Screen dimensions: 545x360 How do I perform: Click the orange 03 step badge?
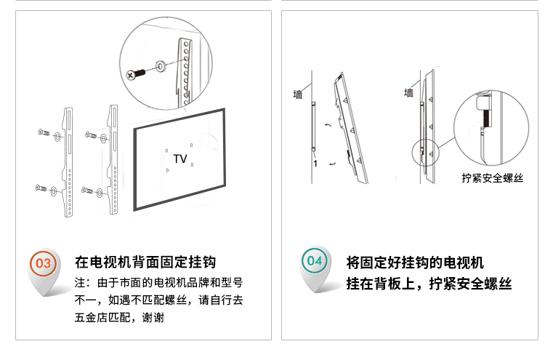click(x=43, y=263)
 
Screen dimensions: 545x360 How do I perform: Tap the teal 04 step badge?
click(x=315, y=260)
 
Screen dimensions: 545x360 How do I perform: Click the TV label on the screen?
click(x=180, y=159)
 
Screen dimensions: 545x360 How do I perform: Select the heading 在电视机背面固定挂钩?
click(x=145, y=262)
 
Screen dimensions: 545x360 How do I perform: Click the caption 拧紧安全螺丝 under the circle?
click(x=493, y=178)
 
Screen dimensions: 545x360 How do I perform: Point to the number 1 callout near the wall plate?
click(x=315, y=163)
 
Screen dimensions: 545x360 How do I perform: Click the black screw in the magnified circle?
click(x=136, y=74)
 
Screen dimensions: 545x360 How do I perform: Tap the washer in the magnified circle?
click(x=161, y=65)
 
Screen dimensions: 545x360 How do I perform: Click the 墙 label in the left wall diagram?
click(x=297, y=95)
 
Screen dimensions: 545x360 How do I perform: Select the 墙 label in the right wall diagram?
click(x=408, y=92)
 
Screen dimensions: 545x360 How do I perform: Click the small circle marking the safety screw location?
click(x=425, y=152)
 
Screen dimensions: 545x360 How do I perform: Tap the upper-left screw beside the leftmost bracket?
click(x=44, y=132)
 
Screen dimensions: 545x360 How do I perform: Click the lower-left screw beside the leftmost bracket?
click(x=41, y=188)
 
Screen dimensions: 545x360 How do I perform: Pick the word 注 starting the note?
click(x=80, y=282)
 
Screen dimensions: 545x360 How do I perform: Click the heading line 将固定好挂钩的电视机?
click(x=415, y=263)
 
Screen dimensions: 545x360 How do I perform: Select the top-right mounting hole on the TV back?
click(x=192, y=145)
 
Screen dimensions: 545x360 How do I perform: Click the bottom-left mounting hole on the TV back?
click(x=168, y=170)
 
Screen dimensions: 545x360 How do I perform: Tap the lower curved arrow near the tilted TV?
click(x=332, y=164)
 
